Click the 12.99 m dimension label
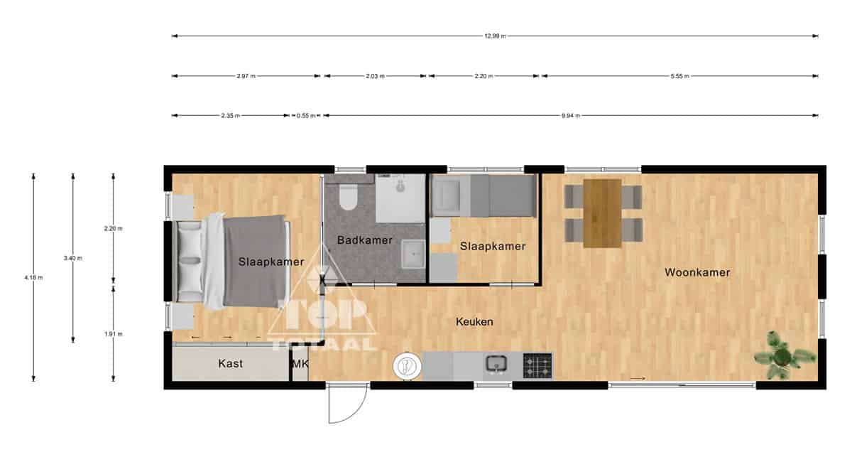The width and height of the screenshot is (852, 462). pos(495,36)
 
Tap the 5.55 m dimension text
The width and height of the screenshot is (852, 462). pos(679,76)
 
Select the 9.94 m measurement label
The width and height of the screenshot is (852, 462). pos(571,116)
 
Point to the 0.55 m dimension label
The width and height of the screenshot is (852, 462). pos(306,116)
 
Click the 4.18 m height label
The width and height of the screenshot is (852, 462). pos(33,278)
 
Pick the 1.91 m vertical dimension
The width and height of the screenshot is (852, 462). pos(114,334)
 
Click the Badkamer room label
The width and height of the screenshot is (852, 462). pos(364,240)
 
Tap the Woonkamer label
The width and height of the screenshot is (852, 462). pos(697,273)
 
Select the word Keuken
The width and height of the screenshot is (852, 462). pos(474,322)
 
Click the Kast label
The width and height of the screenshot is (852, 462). pos(230,364)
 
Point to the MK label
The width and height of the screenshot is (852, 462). pos(300,364)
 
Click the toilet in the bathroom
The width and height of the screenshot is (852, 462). pos(349,198)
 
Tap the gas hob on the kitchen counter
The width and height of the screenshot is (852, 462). pos(537,366)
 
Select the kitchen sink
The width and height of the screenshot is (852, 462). pos(496,363)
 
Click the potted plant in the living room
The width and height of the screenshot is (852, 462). pos(785,355)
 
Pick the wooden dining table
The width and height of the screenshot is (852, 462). pos(603,213)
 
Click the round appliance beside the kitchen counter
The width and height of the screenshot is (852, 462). pos(407,366)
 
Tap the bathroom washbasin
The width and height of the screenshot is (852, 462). pos(413,254)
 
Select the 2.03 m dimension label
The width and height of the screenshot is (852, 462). pos(376,76)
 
